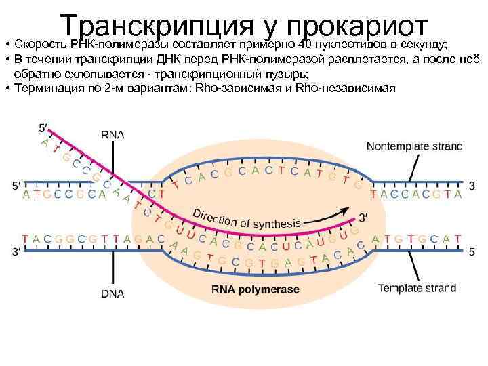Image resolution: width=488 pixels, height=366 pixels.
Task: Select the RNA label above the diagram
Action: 113,134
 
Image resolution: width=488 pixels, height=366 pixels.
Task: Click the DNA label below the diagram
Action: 113,293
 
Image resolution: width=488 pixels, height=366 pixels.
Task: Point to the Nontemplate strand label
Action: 415,146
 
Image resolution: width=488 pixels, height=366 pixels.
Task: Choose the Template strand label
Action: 417,287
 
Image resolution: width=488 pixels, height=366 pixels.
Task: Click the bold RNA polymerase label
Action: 255,289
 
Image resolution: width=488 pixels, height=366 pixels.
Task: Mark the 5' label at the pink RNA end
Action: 44,127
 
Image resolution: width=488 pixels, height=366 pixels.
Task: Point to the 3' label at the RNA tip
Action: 363,218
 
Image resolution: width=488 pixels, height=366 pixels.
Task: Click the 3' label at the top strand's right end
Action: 474,184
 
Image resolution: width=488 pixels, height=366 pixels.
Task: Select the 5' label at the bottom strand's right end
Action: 474,252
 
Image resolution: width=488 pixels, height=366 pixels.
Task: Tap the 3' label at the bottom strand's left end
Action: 16,252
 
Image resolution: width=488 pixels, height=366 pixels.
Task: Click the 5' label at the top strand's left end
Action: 16,184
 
